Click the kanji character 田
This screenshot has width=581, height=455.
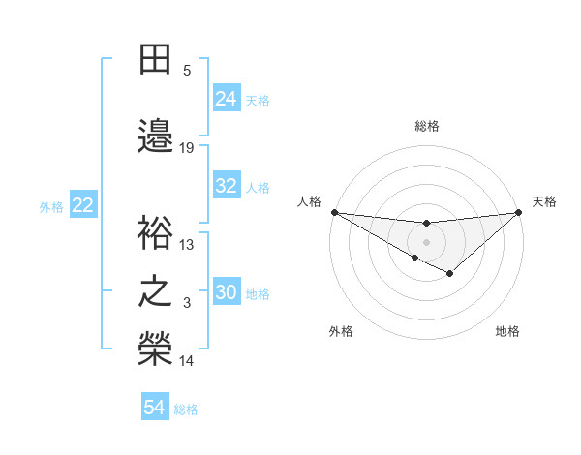point(155,61)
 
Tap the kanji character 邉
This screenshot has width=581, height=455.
point(155,136)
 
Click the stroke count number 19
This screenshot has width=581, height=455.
point(187,148)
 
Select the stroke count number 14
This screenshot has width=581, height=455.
point(187,361)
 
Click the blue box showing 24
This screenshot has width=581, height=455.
point(227,98)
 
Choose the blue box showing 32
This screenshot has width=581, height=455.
point(227,186)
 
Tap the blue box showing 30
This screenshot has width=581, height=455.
point(227,292)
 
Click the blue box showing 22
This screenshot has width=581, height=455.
point(83,204)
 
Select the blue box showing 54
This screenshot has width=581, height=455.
point(155,408)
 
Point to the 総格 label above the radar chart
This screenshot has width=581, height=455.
point(427,126)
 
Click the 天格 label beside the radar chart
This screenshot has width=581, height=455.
point(544,201)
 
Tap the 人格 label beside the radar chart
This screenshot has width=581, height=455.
point(309,201)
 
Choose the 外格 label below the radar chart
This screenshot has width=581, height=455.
point(341,331)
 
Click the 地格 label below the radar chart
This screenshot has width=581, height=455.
point(507,331)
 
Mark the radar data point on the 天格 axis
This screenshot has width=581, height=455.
point(518,212)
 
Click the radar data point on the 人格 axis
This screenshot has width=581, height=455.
point(334,212)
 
